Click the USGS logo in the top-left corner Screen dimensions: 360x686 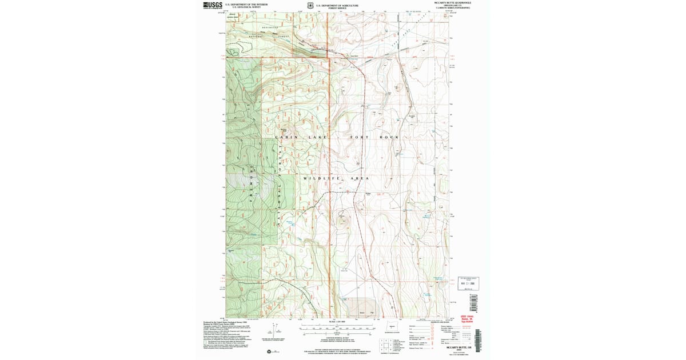point(213,5)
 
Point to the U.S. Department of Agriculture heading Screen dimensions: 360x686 point(337,4)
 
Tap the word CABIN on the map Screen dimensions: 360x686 point(286,138)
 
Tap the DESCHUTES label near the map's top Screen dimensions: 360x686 point(270,27)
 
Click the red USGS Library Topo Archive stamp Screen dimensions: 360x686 point(467,319)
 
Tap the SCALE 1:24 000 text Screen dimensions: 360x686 point(337,324)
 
